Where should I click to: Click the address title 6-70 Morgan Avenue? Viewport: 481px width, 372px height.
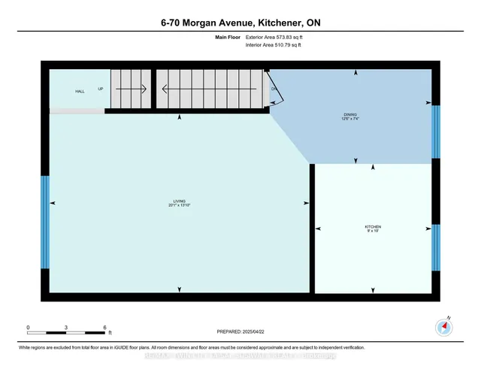pyautogui.click(x=240, y=23)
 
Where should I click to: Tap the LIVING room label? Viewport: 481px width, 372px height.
pyautogui.click(x=179, y=201)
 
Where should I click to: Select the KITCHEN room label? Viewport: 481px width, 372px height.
pyautogui.click(x=373, y=226)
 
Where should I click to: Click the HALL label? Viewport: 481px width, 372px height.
pyautogui.click(x=80, y=91)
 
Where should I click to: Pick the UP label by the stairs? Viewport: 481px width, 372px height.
pyautogui.click(x=101, y=89)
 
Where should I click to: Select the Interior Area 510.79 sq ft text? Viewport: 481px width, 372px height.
pyautogui.click(x=273, y=45)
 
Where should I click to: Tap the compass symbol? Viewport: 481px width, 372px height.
pyautogui.click(x=443, y=327)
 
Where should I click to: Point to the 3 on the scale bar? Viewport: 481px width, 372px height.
pyautogui.click(x=66, y=328)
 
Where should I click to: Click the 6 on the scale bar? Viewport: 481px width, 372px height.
pyautogui.click(x=104, y=328)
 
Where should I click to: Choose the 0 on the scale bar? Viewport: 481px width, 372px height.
pyautogui.click(x=28, y=328)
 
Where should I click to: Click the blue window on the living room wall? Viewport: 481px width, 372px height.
pyautogui.click(x=45, y=222)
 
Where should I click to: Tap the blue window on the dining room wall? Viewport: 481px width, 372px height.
pyautogui.click(x=436, y=132)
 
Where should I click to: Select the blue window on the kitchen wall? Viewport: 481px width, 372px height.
pyautogui.click(x=436, y=246)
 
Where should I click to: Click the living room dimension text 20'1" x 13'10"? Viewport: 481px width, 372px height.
pyautogui.click(x=179, y=205)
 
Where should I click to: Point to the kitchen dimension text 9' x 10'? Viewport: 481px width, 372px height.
pyautogui.click(x=373, y=231)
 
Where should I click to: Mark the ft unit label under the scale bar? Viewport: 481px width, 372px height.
pyautogui.click(x=110, y=333)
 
